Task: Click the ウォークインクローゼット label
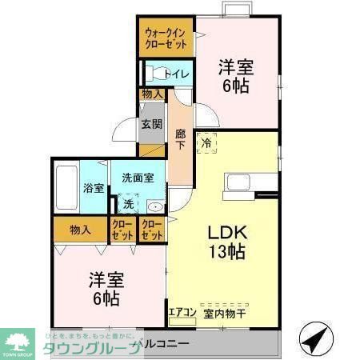[x=166, y=38]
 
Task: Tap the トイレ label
[x=176, y=74]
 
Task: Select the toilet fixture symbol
[x=153, y=74]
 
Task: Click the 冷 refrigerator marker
[x=206, y=144]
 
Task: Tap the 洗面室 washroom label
[x=138, y=178]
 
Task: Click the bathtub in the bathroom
[x=66, y=188]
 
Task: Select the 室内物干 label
[x=225, y=314]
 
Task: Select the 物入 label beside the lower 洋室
[x=80, y=230]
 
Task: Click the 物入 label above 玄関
[x=152, y=94]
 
